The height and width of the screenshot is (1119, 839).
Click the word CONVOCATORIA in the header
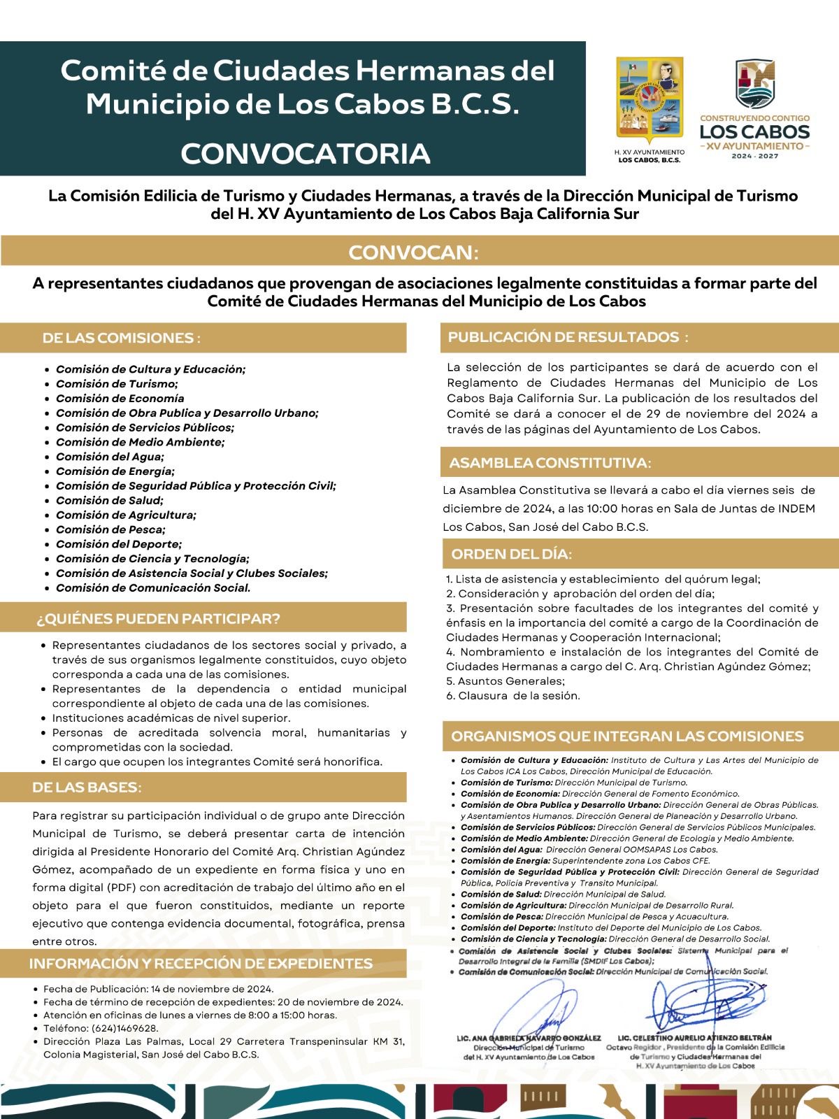(x=305, y=154)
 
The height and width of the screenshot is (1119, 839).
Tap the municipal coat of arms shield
(x=649, y=101)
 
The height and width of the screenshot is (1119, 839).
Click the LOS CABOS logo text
(x=754, y=131)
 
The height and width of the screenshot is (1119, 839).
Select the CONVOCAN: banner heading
(x=413, y=252)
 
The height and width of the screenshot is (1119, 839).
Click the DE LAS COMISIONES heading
(x=121, y=338)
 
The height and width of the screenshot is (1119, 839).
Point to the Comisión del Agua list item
(x=110, y=457)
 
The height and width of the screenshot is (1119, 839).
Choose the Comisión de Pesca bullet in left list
(x=110, y=529)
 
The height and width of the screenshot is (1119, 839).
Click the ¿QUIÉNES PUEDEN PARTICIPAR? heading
(x=158, y=619)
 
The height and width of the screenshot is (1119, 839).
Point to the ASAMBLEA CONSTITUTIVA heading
(x=550, y=463)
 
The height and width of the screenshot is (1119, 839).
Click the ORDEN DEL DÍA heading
(x=511, y=555)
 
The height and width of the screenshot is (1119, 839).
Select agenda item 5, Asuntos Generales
(x=505, y=681)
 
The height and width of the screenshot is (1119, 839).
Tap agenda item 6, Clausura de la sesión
(x=512, y=696)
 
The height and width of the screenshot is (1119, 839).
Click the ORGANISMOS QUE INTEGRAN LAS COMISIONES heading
(x=627, y=736)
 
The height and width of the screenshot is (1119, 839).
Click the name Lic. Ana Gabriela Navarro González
(x=529, y=1039)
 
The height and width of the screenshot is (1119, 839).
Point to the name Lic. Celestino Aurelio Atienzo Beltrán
(x=695, y=1038)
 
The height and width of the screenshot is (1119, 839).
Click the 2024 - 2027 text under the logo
(x=754, y=156)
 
